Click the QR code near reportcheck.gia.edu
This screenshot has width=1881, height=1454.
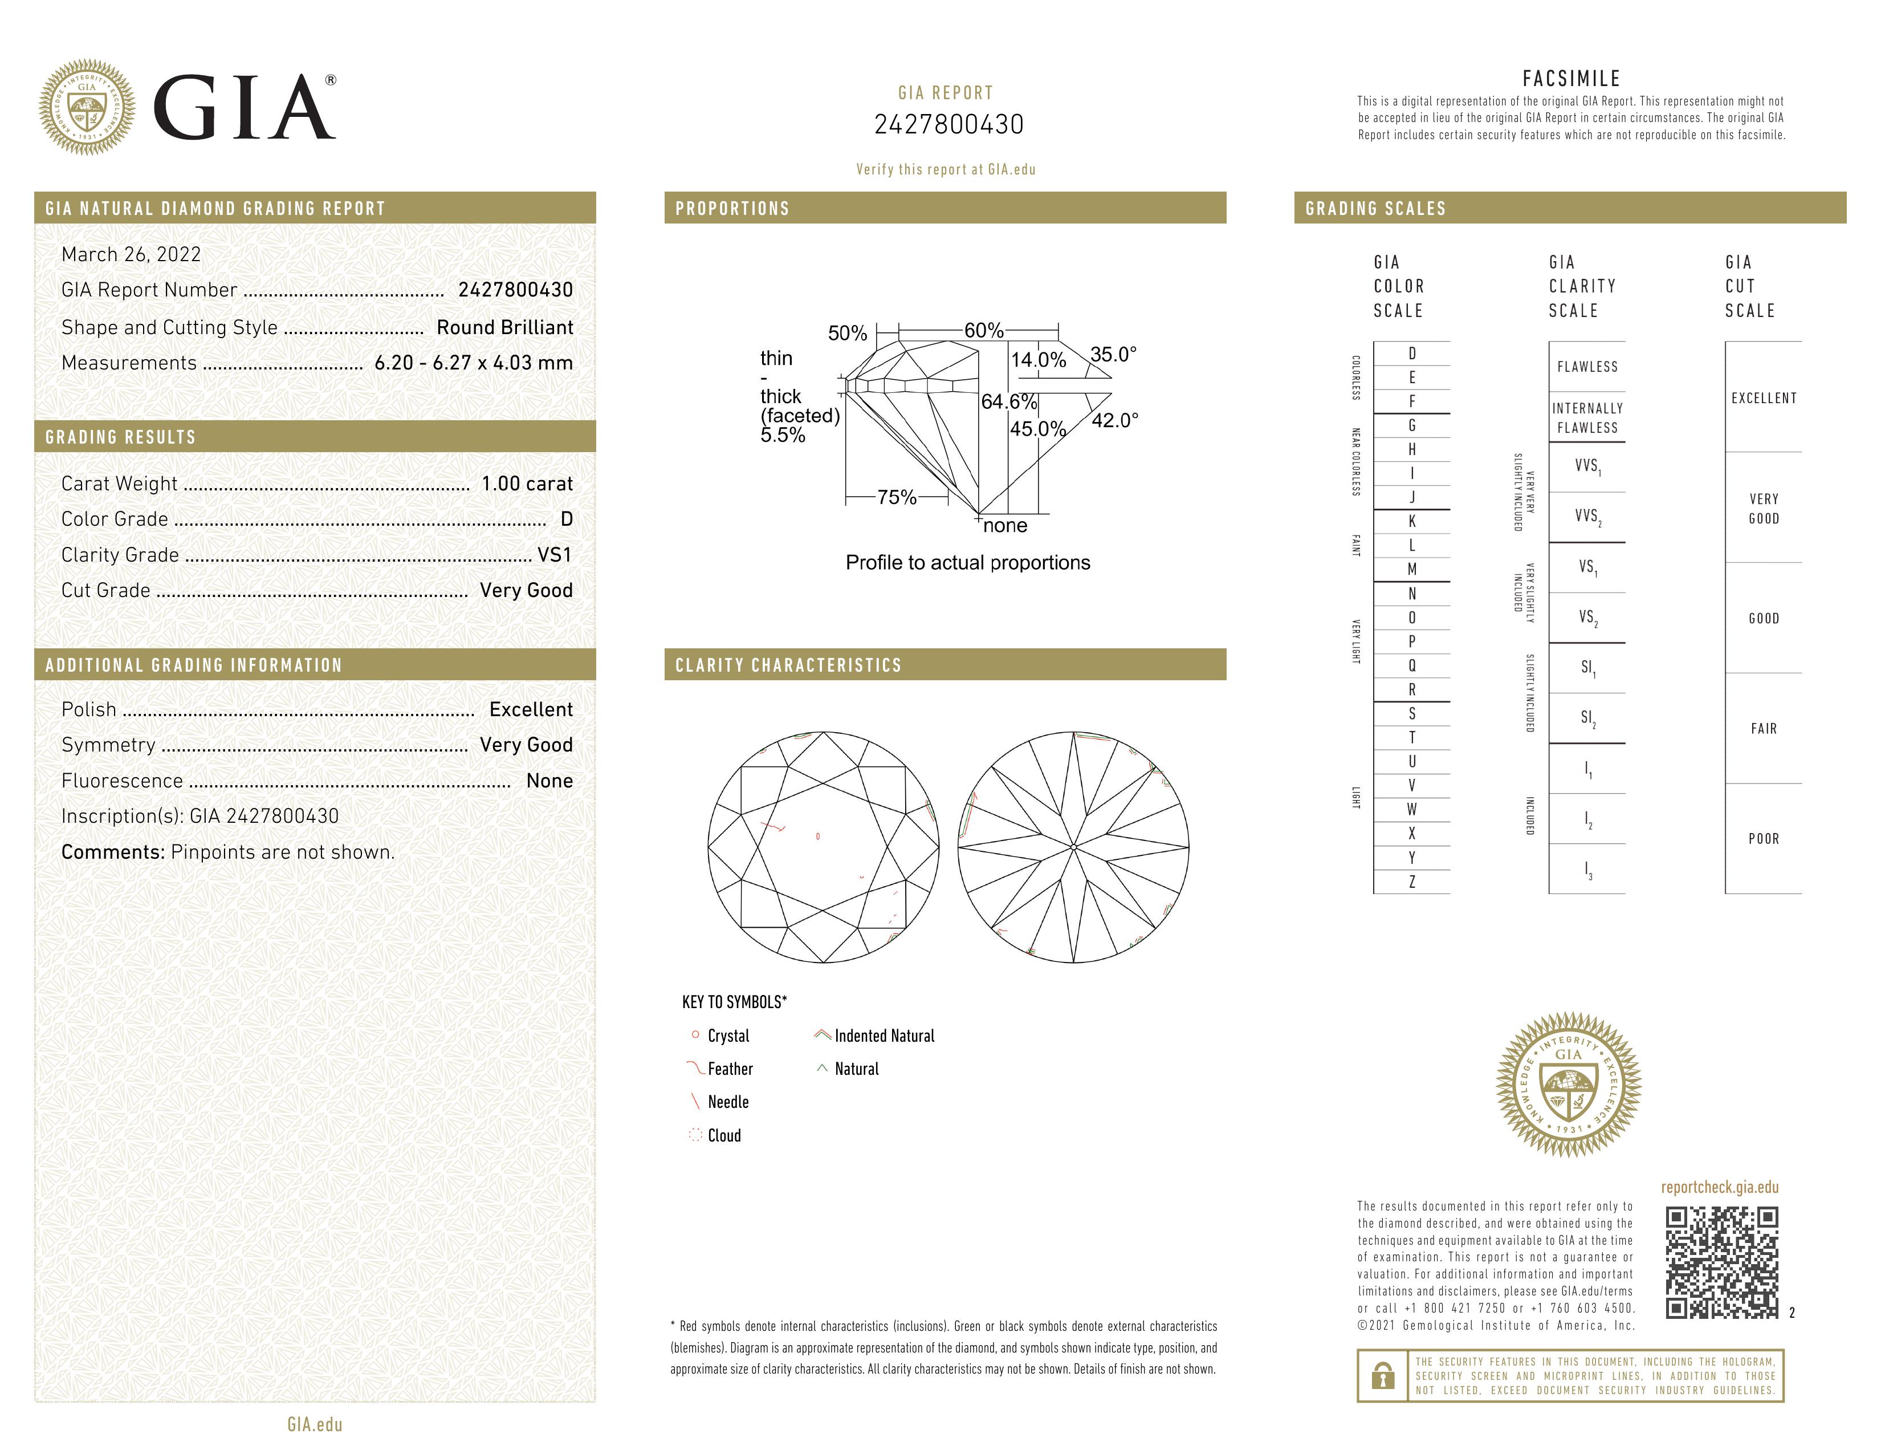tap(1721, 1262)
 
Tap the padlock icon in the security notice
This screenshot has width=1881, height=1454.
tap(1382, 1376)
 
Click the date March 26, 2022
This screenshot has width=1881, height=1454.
tap(131, 254)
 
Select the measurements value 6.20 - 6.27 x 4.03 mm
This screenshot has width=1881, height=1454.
tap(474, 363)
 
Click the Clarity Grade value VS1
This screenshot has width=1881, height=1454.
tap(555, 555)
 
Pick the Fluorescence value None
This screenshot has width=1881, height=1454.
tap(549, 781)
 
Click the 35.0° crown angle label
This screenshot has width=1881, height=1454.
tap(1113, 354)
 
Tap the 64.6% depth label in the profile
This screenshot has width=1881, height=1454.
tap(1008, 401)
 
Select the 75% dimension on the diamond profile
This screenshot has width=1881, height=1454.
tap(897, 497)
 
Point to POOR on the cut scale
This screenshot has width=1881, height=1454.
tap(1763, 839)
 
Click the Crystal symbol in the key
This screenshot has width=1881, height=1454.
tap(695, 1034)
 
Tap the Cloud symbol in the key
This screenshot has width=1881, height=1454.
tap(695, 1135)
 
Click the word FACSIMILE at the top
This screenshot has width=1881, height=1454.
tap(1571, 78)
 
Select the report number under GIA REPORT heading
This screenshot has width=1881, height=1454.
tap(948, 125)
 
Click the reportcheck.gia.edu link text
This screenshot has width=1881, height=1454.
tap(1719, 1187)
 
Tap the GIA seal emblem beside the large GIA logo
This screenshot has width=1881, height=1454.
tap(87, 108)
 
